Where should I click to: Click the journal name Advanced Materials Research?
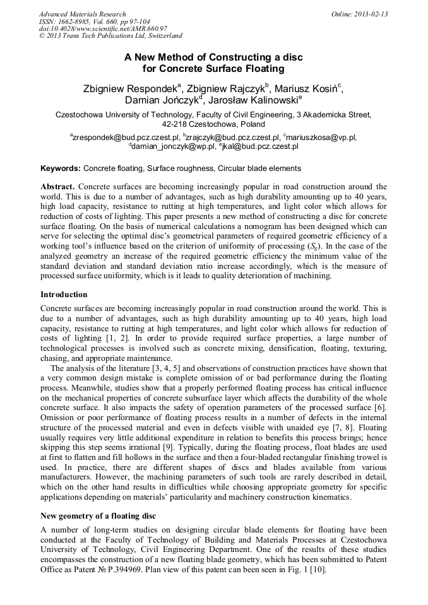pyautogui.click(x=82, y=14)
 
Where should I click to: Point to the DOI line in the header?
pyautogui.click(x=104, y=29)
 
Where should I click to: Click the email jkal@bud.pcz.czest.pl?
pyautogui.click(x=258, y=146)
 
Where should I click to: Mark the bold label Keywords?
pyautogui.click(x=61, y=168)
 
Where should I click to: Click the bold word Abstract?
pyautogui.click(x=57, y=187)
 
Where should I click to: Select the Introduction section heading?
pyautogui.click(x=64, y=295)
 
